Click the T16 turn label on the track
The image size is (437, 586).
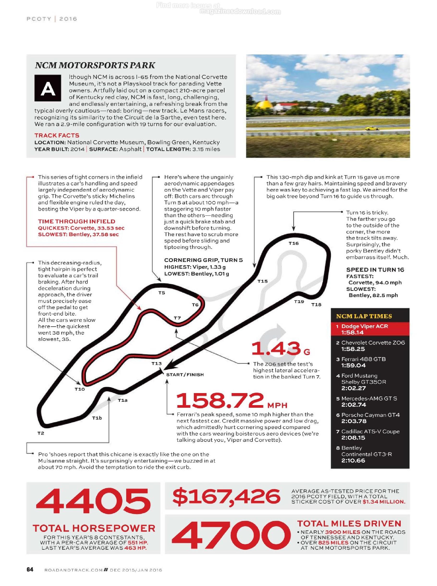click(293, 243)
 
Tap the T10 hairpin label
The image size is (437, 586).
click(80, 389)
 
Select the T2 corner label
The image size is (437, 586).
click(41, 433)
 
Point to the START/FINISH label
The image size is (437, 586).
click(185, 374)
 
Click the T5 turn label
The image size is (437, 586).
click(162, 293)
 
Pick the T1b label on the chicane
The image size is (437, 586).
click(97, 418)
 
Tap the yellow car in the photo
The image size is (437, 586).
click(372, 128)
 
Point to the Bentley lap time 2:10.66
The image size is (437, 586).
click(353, 460)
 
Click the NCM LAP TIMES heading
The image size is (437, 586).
click(364, 316)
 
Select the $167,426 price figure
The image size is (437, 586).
click(227, 496)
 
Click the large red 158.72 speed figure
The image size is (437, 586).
click(220, 401)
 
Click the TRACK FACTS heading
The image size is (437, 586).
click(57, 135)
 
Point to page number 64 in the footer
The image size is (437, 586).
click(30, 569)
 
